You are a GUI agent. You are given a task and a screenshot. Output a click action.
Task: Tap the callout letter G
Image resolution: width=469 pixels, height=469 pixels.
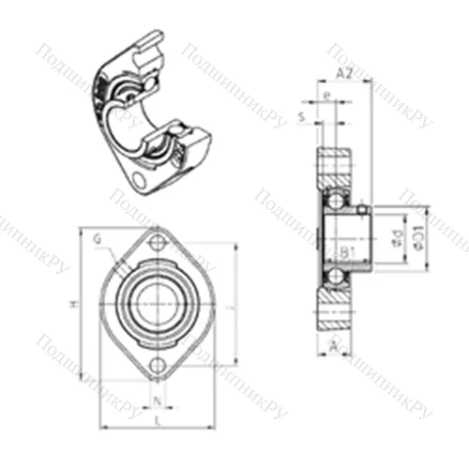pos(98,239)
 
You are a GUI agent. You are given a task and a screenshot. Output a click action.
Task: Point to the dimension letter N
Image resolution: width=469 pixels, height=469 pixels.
pos(156,406)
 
